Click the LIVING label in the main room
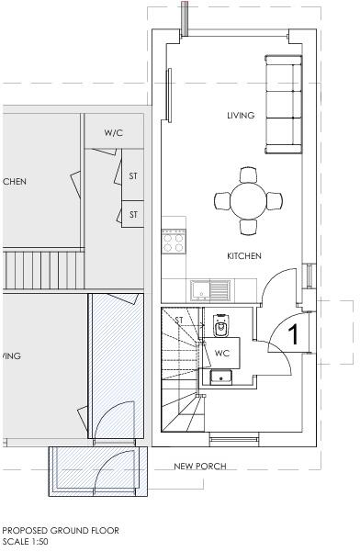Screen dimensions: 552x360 point(241,115)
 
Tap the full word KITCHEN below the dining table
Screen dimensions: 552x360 point(245,256)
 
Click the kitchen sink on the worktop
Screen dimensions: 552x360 point(199,292)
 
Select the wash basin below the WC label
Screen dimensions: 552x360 point(221,376)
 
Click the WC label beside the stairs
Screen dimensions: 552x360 point(222,353)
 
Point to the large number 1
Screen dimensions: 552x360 point(295,335)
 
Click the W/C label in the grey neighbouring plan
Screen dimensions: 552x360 point(114,134)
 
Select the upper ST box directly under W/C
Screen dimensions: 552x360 point(133,175)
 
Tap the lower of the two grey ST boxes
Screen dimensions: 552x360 point(133,215)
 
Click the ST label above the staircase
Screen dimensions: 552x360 point(180,320)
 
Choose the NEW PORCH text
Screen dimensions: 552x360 point(200,467)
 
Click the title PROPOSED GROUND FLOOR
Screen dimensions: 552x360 point(61,531)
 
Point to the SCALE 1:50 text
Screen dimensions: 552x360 point(25,542)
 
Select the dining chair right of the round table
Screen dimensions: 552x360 point(274,199)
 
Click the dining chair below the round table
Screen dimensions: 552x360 point(248,226)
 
